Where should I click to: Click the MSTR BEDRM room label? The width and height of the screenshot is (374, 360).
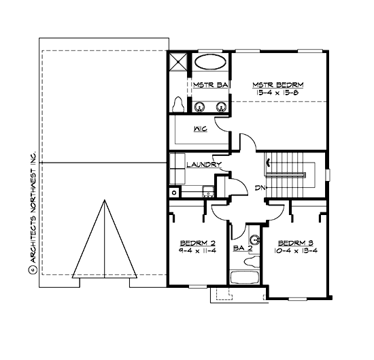pyautogui.click(x=279, y=85)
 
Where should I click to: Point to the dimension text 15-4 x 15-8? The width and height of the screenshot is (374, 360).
pyautogui.click(x=279, y=93)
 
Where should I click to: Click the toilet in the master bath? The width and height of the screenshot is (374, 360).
pyautogui.click(x=178, y=104)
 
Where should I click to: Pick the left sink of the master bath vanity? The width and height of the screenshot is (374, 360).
pyautogui.click(x=203, y=105)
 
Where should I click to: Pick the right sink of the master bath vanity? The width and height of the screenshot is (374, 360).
pyautogui.click(x=221, y=105)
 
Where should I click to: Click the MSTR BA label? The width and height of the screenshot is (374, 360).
pyautogui.click(x=209, y=85)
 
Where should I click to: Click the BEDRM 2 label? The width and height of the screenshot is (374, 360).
pyautogui.click(x=194, y=243)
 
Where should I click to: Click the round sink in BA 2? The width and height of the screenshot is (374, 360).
pyautogui.click(x=256, y=240)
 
